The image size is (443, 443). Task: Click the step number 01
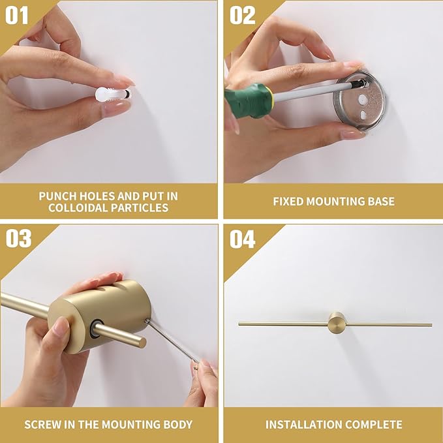point(17,15)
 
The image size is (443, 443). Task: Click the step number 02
point(242,15)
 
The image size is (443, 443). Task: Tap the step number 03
point(18,238)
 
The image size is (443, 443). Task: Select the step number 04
point(242,239)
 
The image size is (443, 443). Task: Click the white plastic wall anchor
point(112,94)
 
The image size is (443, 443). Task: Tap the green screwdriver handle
point(249,100)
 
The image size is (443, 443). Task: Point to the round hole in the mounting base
point(362,99)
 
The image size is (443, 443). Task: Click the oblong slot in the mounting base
point(363,114)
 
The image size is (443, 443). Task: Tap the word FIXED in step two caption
point(288,202)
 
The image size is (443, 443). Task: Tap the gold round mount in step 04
point(337,322)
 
